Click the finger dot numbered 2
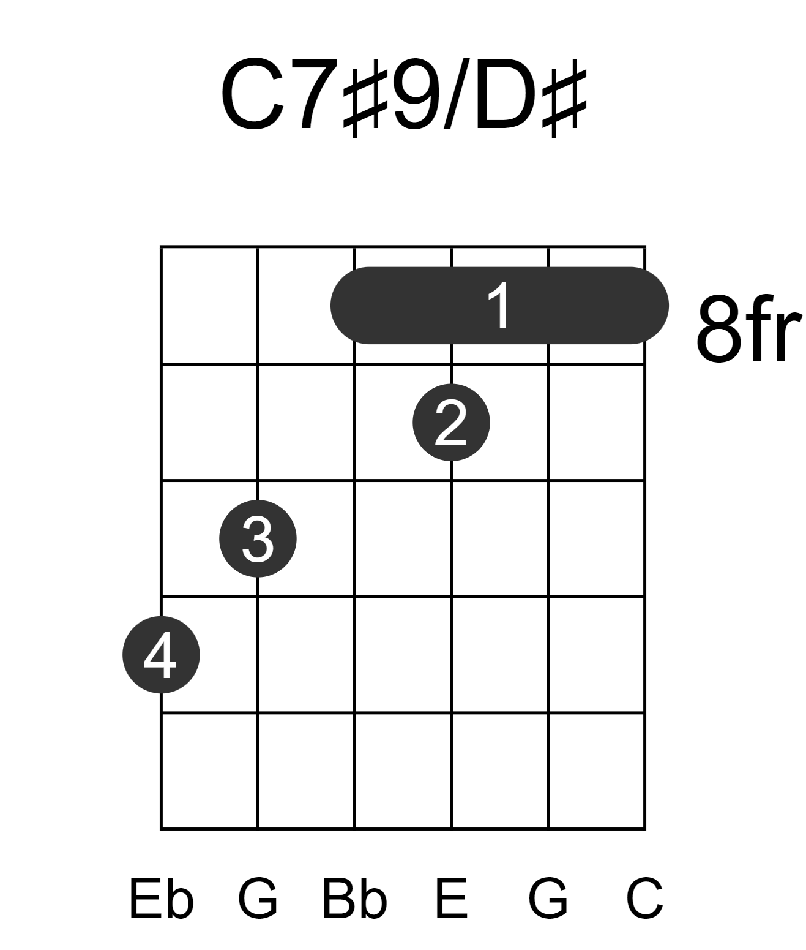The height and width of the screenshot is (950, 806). click(x=451, y=423)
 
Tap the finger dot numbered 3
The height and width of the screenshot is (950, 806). click(x=258, y=538)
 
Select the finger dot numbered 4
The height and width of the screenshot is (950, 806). click(x=161, y=655)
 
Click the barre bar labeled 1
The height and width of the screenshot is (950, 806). click(x=499, y=306)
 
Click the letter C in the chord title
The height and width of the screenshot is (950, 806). click(x=253, y=94)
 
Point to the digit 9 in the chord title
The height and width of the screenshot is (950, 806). click(x=416, y=94)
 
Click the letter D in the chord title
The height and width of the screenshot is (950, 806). click(x=506, y=94)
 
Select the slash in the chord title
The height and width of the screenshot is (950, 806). click(x=457, y=94)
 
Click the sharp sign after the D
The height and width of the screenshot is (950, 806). click(x=564, y=103)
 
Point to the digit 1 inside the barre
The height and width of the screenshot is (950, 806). click(x=498, y=306)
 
